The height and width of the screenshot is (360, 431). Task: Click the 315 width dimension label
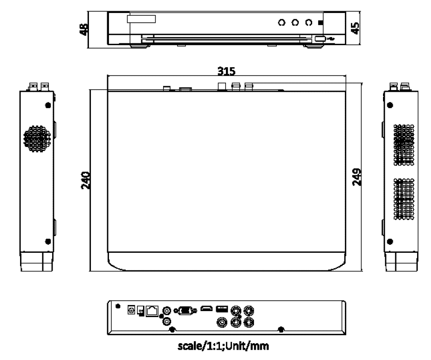click(x=226, y=71)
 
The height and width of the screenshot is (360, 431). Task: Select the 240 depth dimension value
click(x=85, y=180)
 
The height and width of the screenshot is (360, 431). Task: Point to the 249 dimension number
click(x=357, y=177)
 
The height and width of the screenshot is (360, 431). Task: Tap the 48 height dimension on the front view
click(x=84, y=29)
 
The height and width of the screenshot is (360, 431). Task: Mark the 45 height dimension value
click(x=355, y=28)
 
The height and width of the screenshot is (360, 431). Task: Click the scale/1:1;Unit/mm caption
click(x=223, y=346)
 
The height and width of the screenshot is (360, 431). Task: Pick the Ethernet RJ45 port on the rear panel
click(x=152, y=311)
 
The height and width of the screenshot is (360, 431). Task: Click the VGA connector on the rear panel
click(x=186, y=311)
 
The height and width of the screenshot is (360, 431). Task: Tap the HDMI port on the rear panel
click(x=206, y=309)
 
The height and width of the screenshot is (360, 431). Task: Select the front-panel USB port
click(x=320, y=39)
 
